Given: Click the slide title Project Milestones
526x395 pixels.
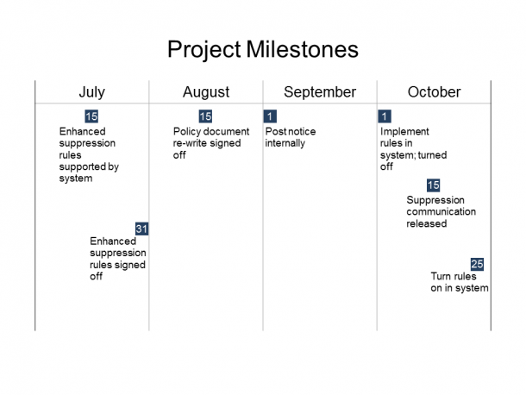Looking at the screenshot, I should [x=262, y=49].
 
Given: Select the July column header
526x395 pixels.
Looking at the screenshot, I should [x=91, y=92].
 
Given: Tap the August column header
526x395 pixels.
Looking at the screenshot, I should [x=206, y=92].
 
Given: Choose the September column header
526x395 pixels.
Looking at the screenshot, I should [x=320, y=92].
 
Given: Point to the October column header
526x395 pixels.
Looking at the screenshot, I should [x=434, y=92].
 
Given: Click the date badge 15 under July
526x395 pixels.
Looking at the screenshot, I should [x=91, y=116].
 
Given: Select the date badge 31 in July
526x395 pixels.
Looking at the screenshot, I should [x=142, y=229].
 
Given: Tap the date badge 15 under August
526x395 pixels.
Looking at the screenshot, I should [x=205, y=116].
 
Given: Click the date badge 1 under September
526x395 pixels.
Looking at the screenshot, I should [x=271, y=116].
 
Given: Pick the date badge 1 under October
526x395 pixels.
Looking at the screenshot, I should [x=385, y=116].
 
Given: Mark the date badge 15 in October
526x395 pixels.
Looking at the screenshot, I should [x=434, y=185].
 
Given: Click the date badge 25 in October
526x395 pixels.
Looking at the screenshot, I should [x=477, y=264].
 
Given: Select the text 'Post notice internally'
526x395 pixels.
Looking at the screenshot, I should [x=290, y=137].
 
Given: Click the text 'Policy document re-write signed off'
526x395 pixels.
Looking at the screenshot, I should [x=210, y=143].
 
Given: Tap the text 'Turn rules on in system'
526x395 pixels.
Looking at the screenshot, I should [x=459, y=282].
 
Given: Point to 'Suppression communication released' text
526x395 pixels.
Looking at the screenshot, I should [x=441, y=211].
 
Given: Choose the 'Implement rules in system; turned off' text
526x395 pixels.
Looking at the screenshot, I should [x=407, y=149].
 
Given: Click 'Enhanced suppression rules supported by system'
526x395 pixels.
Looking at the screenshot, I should [x=89, y=155].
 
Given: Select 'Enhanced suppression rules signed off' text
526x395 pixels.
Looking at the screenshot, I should [x=117, y=259].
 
